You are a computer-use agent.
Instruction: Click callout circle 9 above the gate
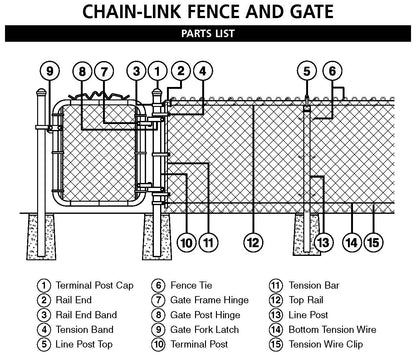(x=50, y=71)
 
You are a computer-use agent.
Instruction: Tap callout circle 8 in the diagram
(x=82, y=71)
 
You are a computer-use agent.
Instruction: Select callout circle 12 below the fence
(x=253, y=242)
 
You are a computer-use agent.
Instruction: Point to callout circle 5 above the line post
(x=307, y=71)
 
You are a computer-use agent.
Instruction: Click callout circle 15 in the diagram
(x=373, y=242)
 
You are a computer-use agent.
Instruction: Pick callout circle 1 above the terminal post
(x=157, y=71)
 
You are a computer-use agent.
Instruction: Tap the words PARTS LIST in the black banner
(x=208, y=34)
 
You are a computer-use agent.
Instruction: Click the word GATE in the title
(x=311, y=11)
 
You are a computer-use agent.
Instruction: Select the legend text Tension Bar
(x=314, y=285)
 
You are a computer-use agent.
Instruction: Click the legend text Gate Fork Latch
(x=205, y=330)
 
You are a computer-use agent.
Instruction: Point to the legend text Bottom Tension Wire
(x=332, y=330)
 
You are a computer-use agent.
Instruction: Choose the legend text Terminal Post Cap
(x=95, y=285)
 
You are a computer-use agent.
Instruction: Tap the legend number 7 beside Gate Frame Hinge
(x=158, y=300)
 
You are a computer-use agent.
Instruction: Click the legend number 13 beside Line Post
(x=276, y=315)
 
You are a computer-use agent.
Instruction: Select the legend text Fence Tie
(x=191, y=285)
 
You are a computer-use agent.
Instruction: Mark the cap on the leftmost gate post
(x=41, y=92)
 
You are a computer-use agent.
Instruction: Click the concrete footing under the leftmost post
(x=41, y=237)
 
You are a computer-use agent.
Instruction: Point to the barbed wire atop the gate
(x=99, y=96)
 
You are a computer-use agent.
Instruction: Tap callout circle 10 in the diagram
(x=187, y=242)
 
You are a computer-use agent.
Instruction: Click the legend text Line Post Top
(x=84, y=344)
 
